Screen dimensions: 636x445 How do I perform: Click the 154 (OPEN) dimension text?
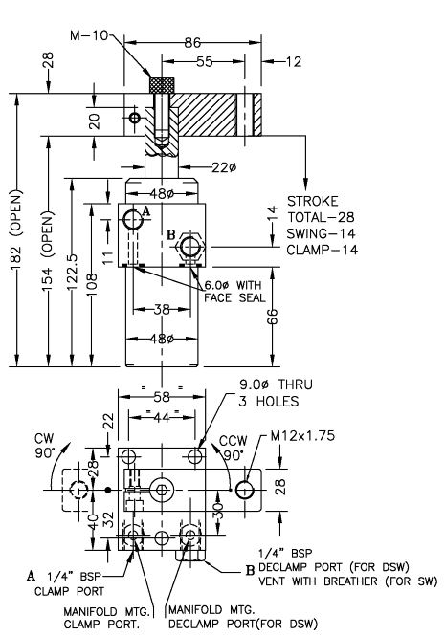[47, 245]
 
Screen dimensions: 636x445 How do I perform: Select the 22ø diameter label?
[223, 167]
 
